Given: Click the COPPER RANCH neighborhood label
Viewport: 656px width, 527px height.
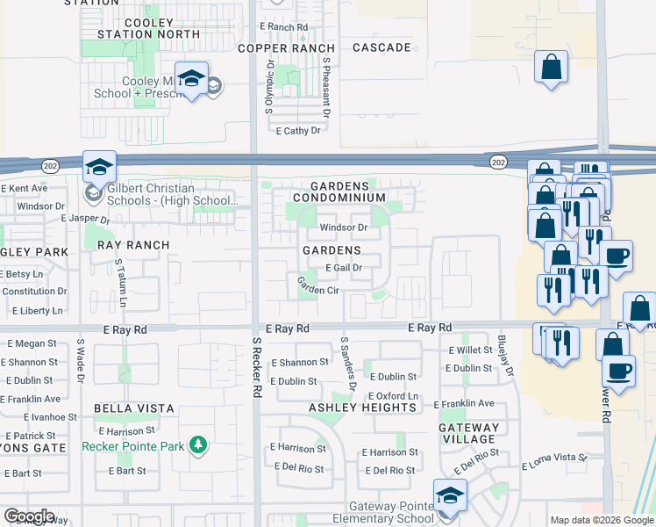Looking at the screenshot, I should point(287,47).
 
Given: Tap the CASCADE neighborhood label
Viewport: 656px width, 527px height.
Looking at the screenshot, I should point(381,47).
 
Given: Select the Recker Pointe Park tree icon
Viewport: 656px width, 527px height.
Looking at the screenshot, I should point(199,445).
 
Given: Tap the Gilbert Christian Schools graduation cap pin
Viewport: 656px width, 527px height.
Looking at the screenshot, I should point(99,167).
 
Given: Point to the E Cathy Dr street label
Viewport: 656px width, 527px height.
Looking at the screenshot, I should point(298,131).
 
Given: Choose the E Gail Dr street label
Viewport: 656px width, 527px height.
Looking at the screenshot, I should point(344,268).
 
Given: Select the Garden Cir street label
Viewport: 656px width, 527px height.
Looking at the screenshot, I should point(317,289).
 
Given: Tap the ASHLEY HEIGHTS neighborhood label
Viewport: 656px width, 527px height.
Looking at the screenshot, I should point(362,408).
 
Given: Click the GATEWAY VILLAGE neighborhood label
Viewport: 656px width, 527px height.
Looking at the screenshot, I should point(469,433).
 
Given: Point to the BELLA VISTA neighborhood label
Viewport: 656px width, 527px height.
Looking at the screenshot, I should point(136,408).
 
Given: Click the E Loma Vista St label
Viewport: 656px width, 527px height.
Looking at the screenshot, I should point(553,458).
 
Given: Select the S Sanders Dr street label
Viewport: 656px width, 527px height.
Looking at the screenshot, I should point(349,363).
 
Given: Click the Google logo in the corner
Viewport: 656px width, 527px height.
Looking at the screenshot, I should point(28,516).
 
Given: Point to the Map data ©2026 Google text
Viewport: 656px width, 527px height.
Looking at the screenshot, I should point(602,520).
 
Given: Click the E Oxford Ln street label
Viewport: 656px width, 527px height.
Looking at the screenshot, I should point(393,396).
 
